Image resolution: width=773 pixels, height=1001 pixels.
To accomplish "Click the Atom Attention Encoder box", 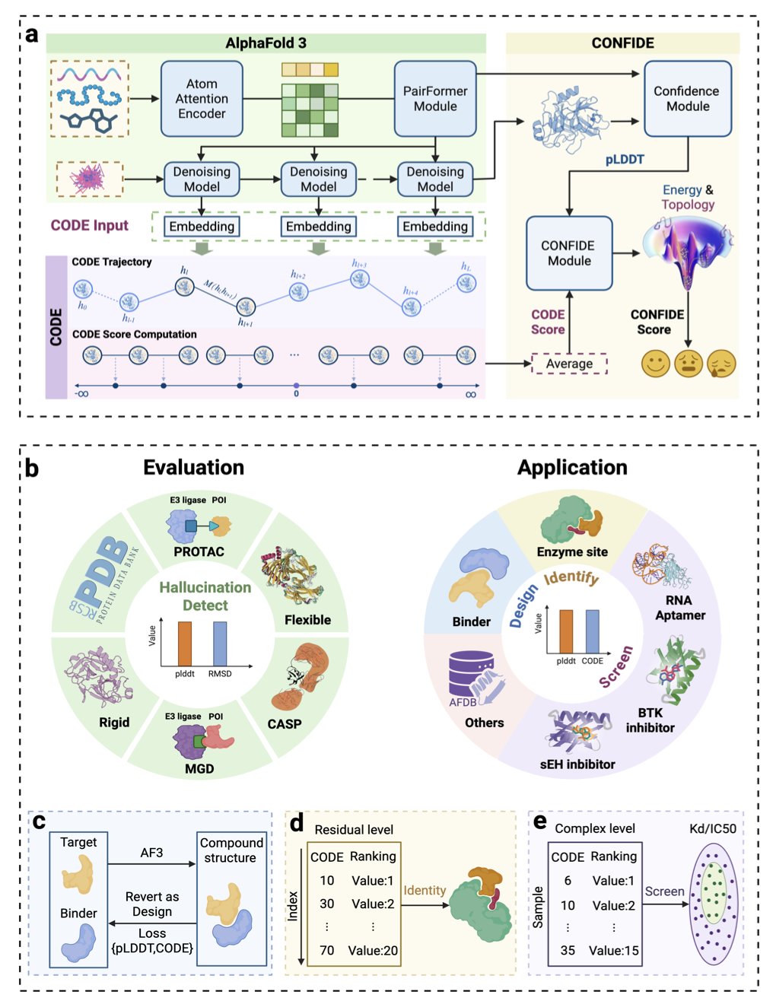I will tap(202, 99).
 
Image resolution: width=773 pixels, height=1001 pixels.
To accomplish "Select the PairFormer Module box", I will tap(435, 99).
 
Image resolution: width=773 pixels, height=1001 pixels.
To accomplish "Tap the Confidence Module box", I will tap(687, 99).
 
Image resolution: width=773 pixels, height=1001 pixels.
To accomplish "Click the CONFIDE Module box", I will tap(569, 253).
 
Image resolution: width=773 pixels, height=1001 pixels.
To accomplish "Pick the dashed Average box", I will tap(569, 364).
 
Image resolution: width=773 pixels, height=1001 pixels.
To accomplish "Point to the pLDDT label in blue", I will tap(625, 160).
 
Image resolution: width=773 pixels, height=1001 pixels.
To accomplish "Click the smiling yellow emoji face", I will tap(655, 364).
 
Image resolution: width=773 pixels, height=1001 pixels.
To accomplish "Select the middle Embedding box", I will tap(318, 227).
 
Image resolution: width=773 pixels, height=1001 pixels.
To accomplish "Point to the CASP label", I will tap(285, 724).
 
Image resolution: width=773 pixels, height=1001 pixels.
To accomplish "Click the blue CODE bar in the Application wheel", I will tap(592, 631).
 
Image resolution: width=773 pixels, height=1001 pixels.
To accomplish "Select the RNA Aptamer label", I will tap(679, 608).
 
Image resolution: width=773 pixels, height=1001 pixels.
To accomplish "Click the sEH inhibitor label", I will tap(577, 764).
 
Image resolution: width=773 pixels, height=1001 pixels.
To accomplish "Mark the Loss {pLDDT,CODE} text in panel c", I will tap(152, 941).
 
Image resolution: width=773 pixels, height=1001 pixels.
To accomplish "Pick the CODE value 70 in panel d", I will tap(327, 950).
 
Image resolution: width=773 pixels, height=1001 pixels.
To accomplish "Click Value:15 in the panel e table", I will tap(614, 950).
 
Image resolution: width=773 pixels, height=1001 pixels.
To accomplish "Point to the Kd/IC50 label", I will tap(713, 828).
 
